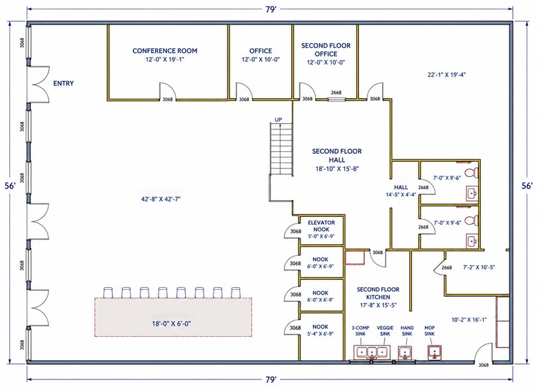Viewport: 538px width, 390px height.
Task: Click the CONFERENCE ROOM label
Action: (x=165, y=51)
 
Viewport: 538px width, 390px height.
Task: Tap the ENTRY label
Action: (x=64, y=84)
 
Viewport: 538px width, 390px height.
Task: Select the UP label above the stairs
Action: (x=278, y=119)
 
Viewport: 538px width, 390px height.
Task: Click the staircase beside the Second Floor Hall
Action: (x=281, y=149)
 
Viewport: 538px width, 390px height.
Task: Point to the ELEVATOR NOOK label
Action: (x=321, y=226)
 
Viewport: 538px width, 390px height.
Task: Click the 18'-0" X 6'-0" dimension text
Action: (x=172, y=324)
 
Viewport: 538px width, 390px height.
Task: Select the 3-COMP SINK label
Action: (x=361, y=331)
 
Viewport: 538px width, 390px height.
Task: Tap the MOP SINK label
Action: (x=430, y=331)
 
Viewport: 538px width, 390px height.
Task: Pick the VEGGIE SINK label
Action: (x=385, y=331)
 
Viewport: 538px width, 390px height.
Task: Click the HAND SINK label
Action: (x=407, y=331)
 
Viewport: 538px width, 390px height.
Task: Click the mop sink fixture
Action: (x=435, y=352)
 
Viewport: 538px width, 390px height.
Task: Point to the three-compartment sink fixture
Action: (x=372, y=353)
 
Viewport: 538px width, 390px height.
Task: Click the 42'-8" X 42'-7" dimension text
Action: (x=161, y=199)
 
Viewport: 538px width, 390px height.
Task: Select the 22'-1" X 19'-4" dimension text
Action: (x=446, y=75)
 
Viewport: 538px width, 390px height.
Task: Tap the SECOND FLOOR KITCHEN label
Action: (x=378, y=293)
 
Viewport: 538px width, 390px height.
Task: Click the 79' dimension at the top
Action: (x=271, y=9)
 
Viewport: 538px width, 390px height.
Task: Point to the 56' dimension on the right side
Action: (x=527, y=186)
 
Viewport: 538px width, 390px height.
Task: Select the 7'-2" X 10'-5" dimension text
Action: (x=479, y=267)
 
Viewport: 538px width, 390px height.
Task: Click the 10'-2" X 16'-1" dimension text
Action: (x=469, y=320)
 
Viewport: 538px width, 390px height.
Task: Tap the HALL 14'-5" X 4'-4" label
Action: (x=401, y=191)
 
